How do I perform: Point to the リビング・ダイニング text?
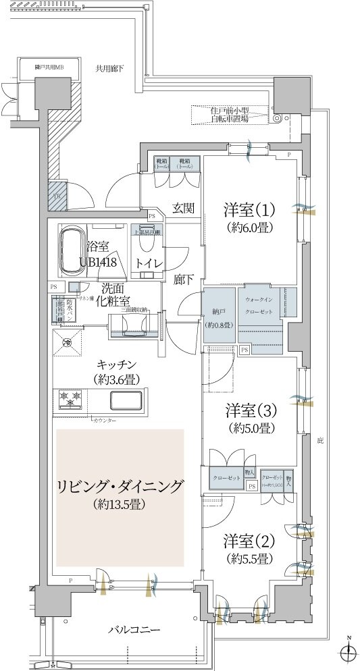120,487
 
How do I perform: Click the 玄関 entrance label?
184,207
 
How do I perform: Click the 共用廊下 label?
114,68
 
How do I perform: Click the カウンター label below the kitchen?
104,421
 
